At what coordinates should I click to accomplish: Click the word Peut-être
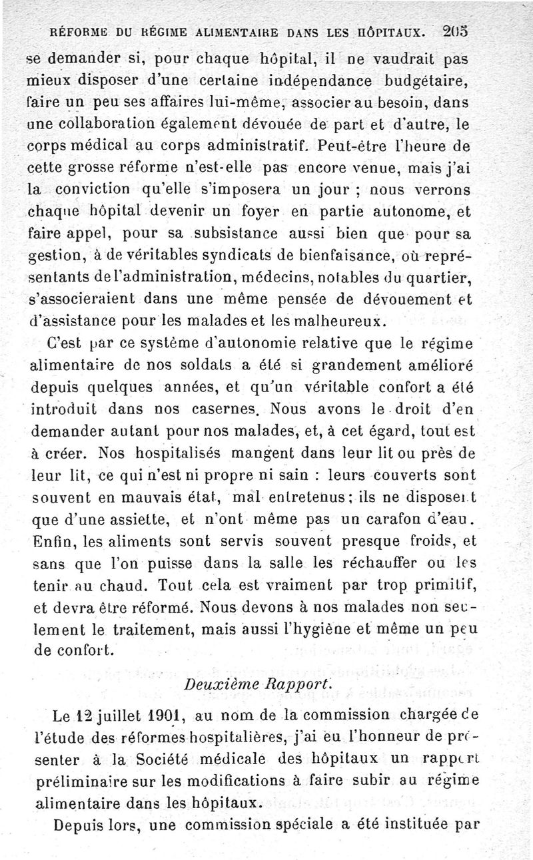coord(353,144)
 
